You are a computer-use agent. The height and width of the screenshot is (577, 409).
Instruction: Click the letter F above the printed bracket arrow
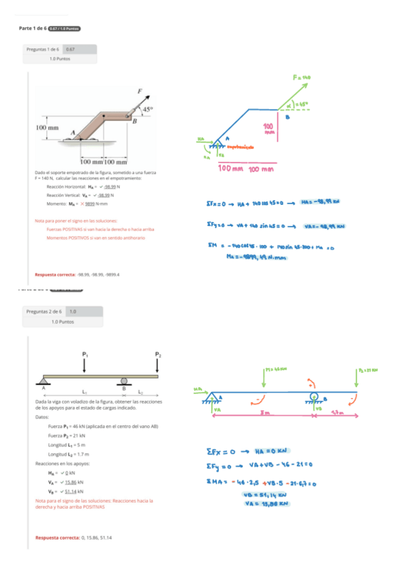tap(140, 90)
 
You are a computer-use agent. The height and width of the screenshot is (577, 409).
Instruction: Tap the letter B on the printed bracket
tap(134, 122)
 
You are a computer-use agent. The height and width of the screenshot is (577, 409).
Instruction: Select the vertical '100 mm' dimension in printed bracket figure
tap(47, 127)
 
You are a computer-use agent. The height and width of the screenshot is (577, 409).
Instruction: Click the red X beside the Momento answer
tap(83, 203)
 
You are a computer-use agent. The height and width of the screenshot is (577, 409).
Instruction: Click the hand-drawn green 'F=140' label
tap(302, 78)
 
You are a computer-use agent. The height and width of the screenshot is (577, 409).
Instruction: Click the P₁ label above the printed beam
tap(85, 354)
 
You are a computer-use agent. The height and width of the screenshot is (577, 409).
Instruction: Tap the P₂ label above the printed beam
tap(157, 354)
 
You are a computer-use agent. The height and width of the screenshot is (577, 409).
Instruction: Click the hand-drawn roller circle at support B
tap(314, 395)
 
